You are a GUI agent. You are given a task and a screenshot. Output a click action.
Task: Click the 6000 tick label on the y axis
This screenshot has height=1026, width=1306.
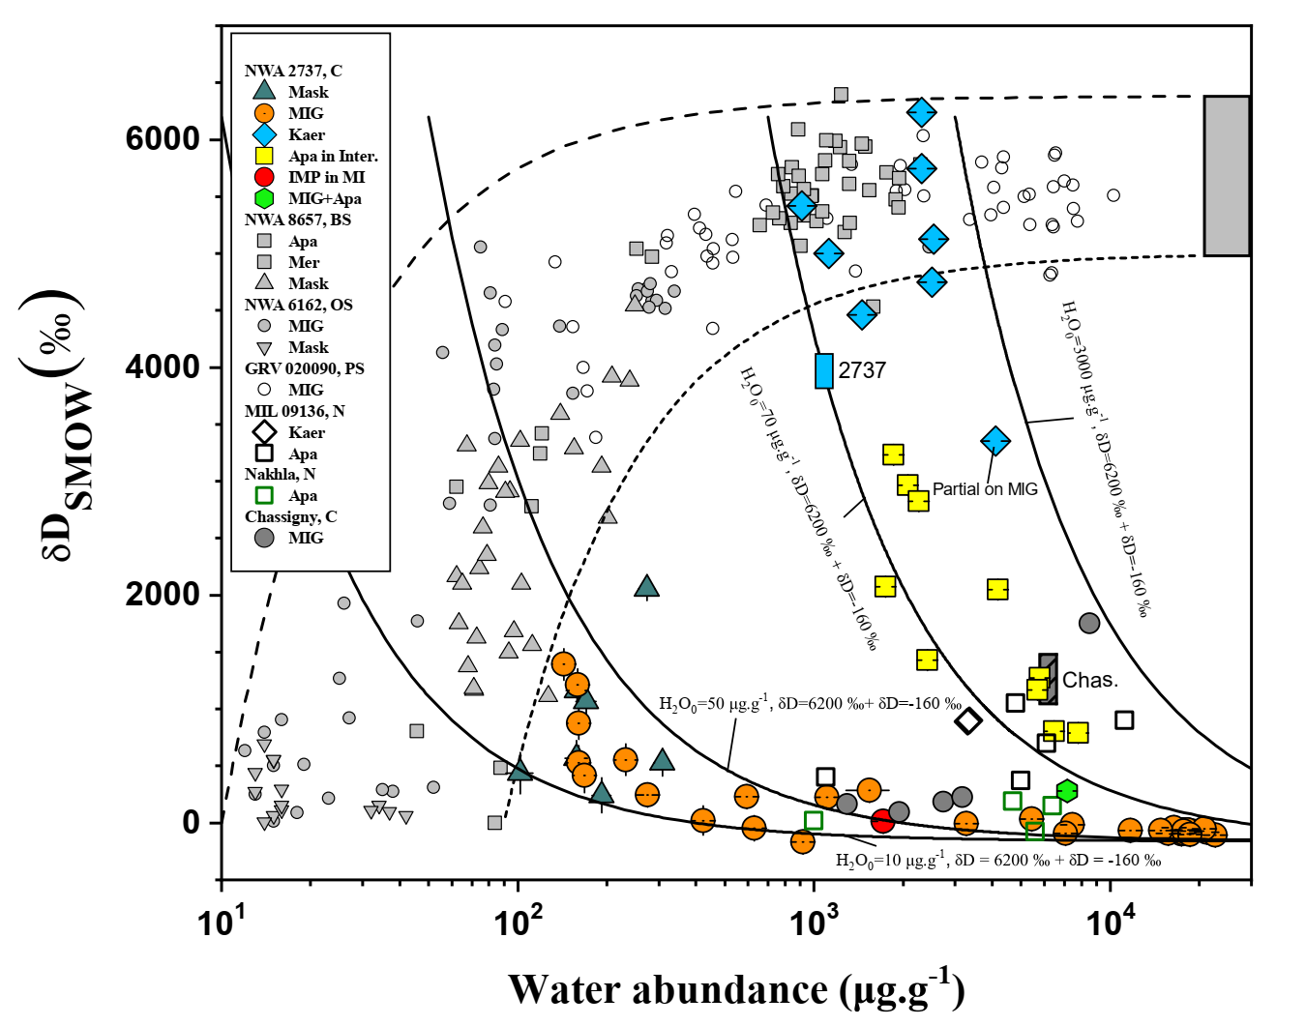click(x=163, y=138)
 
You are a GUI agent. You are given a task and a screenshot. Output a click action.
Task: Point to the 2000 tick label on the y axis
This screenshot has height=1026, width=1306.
click(x=163, y=594)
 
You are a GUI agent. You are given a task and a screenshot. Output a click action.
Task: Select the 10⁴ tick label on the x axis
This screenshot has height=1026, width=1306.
click(x=1109, y=923)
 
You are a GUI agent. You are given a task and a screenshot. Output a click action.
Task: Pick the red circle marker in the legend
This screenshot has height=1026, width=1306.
click(x=264, y=177)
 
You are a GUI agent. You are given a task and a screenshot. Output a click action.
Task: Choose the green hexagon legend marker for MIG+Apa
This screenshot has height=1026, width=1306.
click(x=264, y=198)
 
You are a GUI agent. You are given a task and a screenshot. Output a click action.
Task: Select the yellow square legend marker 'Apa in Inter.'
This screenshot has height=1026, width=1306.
click(x=264, y=156)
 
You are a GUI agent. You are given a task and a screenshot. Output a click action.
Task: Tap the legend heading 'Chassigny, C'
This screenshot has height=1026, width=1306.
click(x=290, y=516)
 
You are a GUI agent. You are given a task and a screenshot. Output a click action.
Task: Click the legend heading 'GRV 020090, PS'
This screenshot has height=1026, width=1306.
click(x=304, y=368)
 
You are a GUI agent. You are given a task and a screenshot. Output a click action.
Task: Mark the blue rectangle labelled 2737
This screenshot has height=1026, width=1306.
click(x=824, y=370)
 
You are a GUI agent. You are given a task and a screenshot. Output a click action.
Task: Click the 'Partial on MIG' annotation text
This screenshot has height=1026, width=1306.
click(x=985, y=489)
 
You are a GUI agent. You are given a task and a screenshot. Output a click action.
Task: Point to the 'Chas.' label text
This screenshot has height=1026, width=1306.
click(x=1090, y=680)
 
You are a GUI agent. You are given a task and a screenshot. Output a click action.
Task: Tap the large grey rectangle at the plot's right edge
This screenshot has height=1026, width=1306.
click(x=1227, y=176)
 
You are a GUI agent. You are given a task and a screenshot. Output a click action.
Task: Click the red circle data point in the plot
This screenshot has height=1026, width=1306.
click(x=882, y=821)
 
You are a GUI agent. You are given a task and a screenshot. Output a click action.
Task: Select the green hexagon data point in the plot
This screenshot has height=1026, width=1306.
click(x=1067, y=791)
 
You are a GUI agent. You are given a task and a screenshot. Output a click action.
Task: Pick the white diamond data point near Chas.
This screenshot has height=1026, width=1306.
click(x=968, y=720)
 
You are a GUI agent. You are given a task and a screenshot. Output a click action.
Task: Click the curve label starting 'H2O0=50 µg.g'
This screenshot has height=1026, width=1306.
click(x=810, y=704)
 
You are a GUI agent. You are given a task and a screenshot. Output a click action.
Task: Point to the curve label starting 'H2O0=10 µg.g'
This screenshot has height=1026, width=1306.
click(x=997, y=860)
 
